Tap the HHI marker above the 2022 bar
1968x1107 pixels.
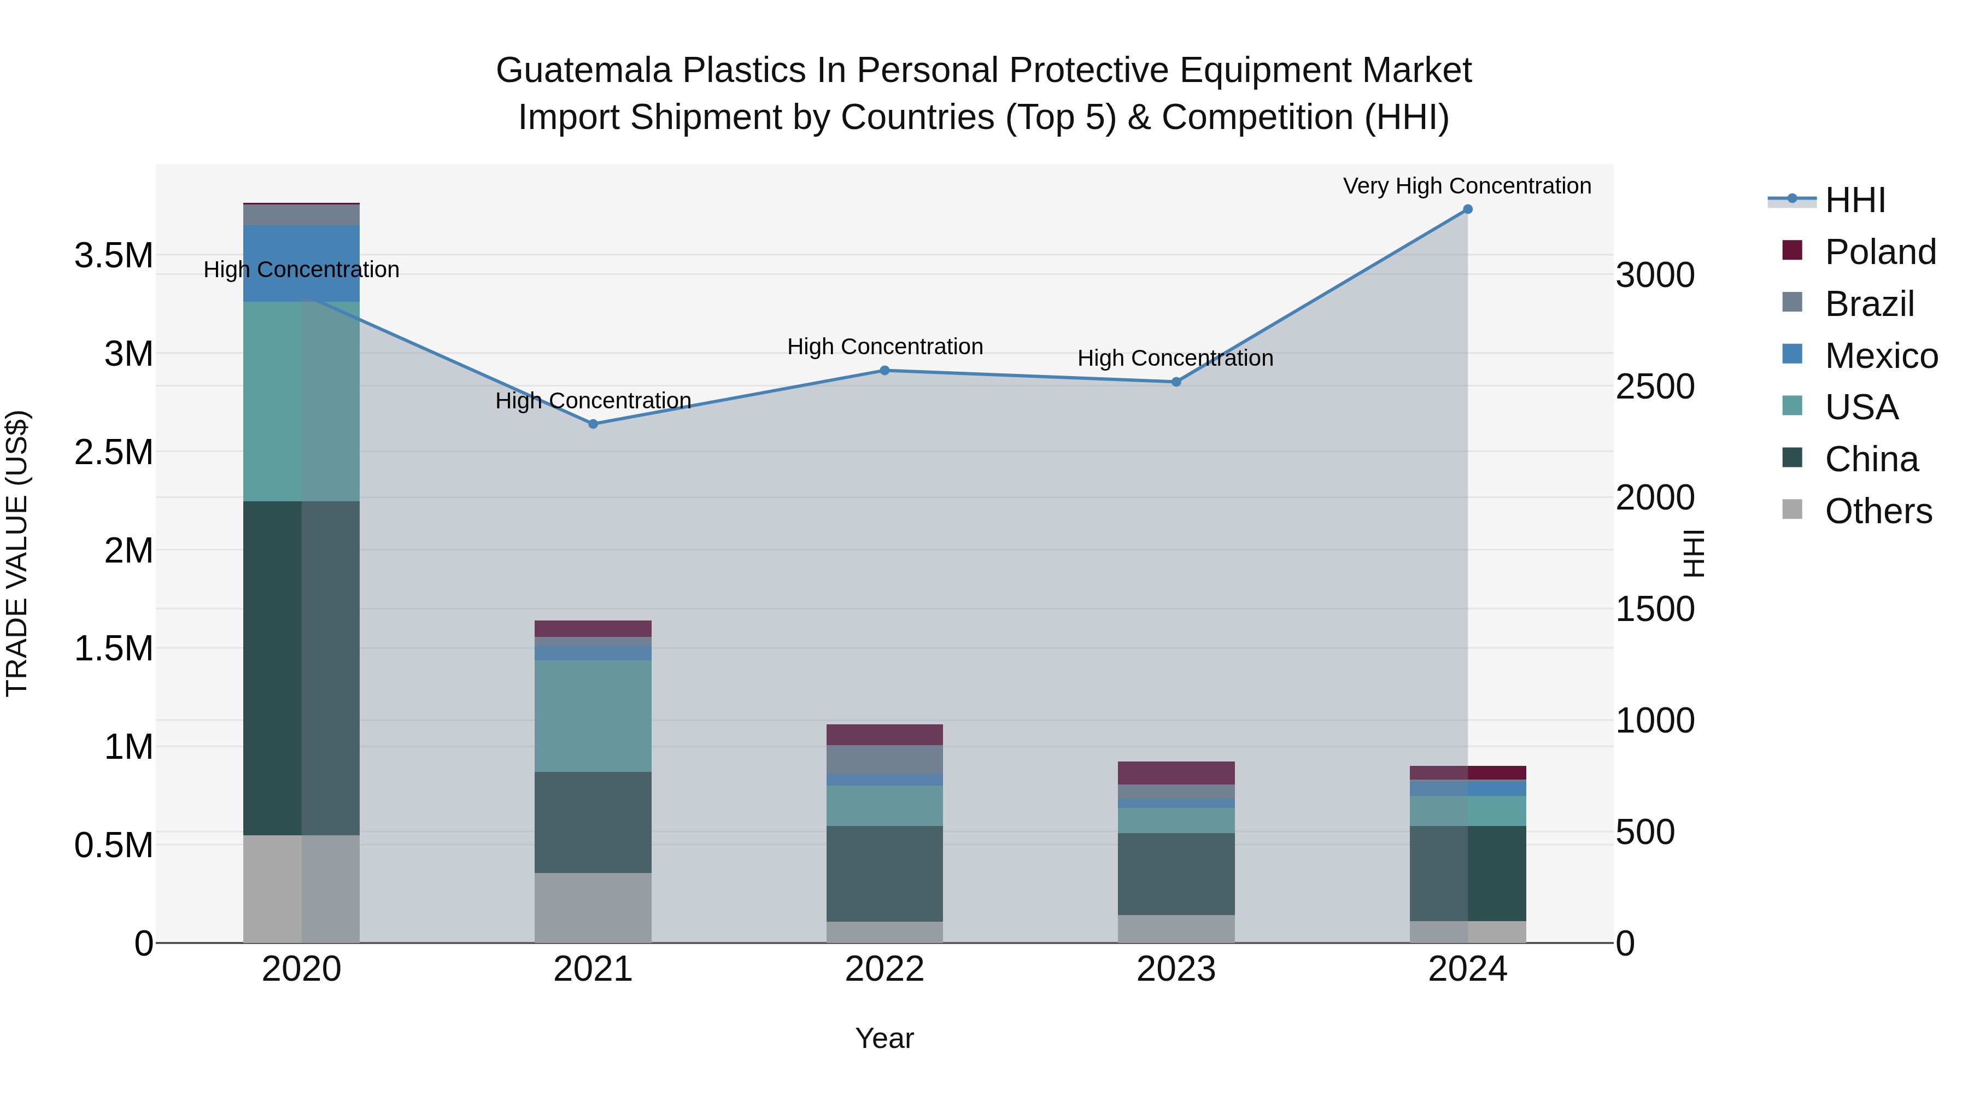pyautogui.click(x=885, y=371)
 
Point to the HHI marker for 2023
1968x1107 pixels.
pyautogui.click(x=1176, y=382)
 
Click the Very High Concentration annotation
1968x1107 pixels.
pyautogui.click(x=1467, y=186)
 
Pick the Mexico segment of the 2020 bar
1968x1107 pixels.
pyautogui.click(x=301, y=263)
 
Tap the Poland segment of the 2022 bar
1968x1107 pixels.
pyautogui.click(x=885, y=734)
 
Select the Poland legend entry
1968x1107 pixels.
pyautogui.click(x=1879, y=252)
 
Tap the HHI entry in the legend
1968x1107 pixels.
pyautogui.click(x=1854, y=200)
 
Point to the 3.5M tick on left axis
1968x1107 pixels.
pyautogui.click(x=113, y=255)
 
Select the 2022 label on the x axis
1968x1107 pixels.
pyautogui.click(x=885, y=969)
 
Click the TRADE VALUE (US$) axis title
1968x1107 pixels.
pyautogui.click(x=17, y=553)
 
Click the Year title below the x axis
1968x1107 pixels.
pyautogui.click(x=884, y=1038)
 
